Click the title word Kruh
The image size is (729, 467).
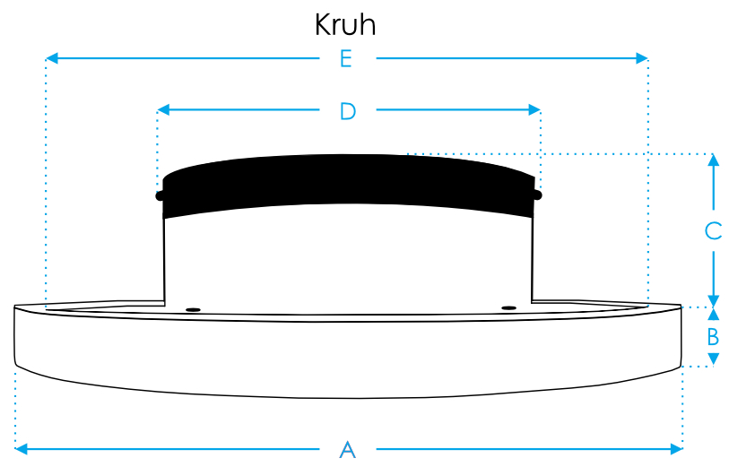[345, 24]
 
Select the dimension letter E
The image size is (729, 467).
[345, 59]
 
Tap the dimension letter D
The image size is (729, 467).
[348, 111]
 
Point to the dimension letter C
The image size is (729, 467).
[713, 231]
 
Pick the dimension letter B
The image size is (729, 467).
[713, 337]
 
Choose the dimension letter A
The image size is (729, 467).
[348, 450]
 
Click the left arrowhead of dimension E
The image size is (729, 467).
[52, 58]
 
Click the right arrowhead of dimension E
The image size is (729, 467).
[642, 58]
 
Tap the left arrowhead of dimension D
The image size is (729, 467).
[163, 109]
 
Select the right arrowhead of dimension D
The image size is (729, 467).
[534, 109]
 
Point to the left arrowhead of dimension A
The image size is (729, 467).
[21, 449]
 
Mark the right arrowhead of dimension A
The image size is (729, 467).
[676, 449]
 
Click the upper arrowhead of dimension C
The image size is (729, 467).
[714, 160]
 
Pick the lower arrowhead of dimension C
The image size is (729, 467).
[714, 301]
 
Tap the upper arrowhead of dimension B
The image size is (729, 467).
[714, 314]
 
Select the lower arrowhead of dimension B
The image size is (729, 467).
[714, 359]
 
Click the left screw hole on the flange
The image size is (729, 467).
[193, 309]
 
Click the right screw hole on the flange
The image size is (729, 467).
[509, 308]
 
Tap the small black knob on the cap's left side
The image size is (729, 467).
[160, 195]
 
